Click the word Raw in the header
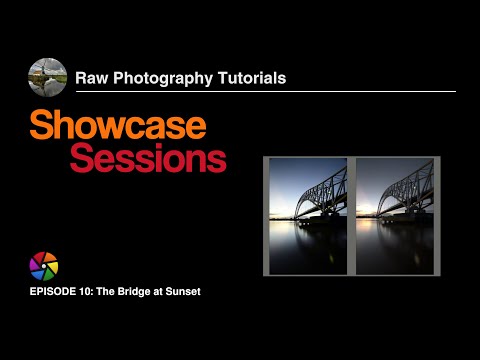tap(93, 75)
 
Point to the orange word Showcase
tap(118, 126)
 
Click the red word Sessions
tap(148, 158)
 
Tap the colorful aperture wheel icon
tap(44, 266)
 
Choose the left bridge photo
tap(308, 215)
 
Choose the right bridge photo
tap(395, 215)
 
